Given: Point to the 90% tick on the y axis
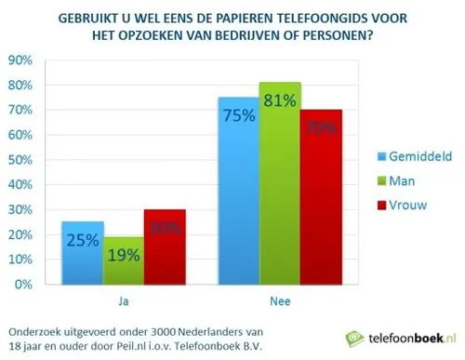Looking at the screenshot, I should click(x=20, y=60).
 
